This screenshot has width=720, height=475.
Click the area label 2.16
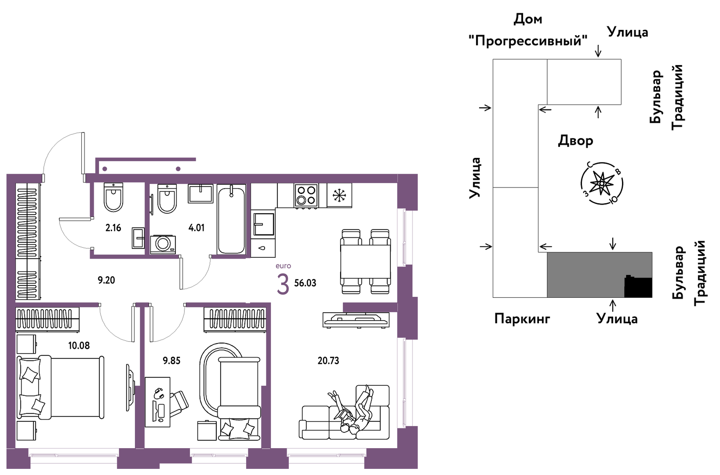(x=113, y=228)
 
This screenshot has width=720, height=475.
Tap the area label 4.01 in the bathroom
(x=196, y=228)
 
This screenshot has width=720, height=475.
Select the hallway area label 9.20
(x=106, y=280)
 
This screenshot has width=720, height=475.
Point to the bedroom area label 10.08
(x=79, y=346)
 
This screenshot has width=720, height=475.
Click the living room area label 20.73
(x=328, y=361)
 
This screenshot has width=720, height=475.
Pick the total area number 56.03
(x=305, y=283)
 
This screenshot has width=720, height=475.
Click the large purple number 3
(x=283, y=285)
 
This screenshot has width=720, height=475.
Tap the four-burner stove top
(x=306, y=196)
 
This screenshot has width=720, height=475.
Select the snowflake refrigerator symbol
(x=339, y=196)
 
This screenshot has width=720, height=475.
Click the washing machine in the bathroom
(x=163, y=245)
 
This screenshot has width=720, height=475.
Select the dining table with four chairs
(x=365, y=261)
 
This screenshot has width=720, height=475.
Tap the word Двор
(x=575, y=141)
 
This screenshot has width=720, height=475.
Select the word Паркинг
(x=522, y=319)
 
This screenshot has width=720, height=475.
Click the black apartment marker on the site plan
(x=638, y=287)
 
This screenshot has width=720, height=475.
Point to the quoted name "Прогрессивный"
(x=528, y=41)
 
